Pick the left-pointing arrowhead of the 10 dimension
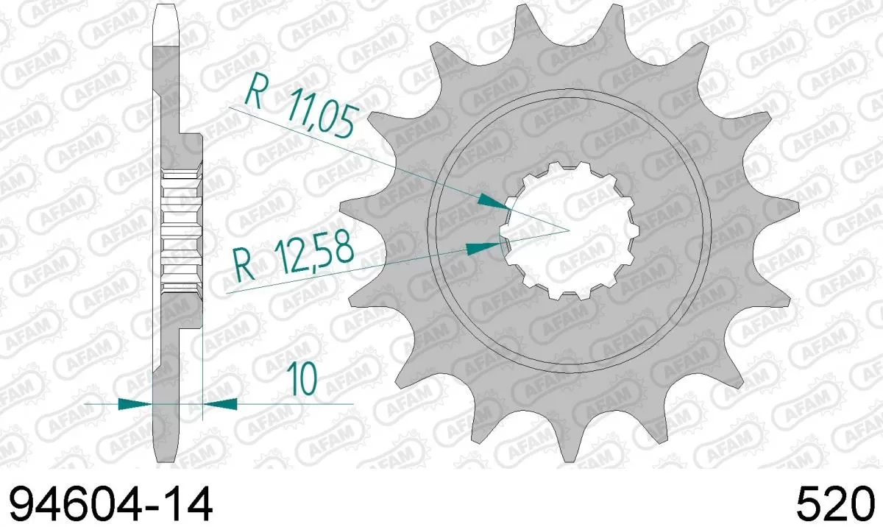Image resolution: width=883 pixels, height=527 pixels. coord(220,403)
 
